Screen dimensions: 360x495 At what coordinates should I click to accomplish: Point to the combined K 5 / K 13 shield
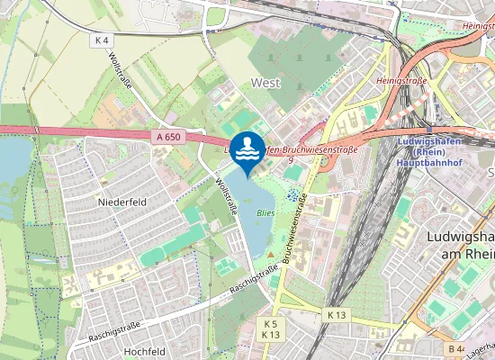(271, 328)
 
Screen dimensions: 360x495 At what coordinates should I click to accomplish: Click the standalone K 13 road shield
(337, 315)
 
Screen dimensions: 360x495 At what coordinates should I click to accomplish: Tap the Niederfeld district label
(120, 202)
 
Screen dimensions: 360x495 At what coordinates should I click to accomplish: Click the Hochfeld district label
(143, 351)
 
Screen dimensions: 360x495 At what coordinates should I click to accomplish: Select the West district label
(265, 82)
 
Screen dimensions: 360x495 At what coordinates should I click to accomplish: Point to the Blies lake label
(265, 213)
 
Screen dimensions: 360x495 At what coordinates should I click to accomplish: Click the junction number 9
(290, 160)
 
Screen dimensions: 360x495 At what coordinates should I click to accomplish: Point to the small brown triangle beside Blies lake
(268, 255)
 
